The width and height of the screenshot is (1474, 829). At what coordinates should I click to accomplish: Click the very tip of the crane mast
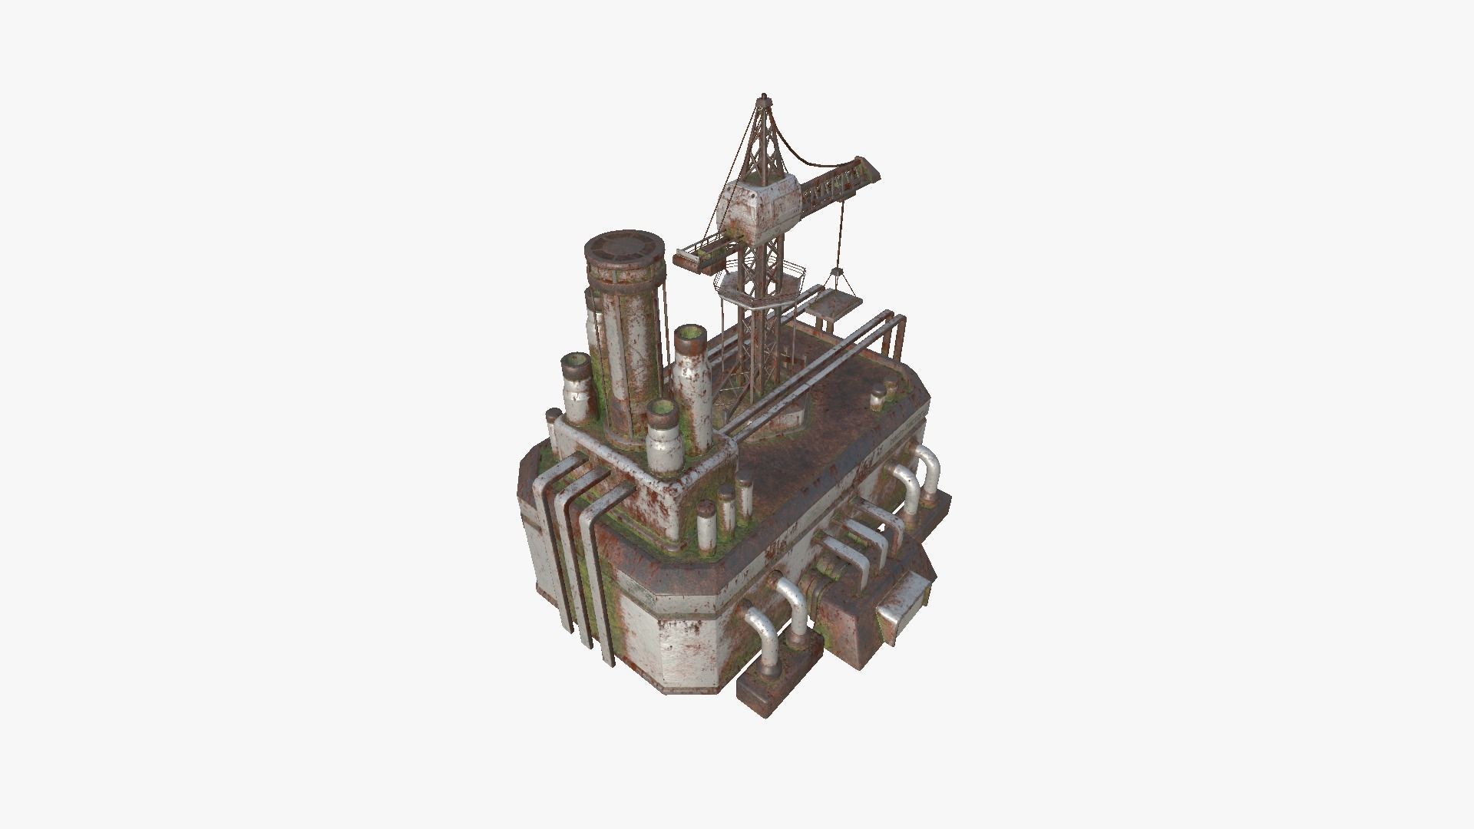(x=763, y=97)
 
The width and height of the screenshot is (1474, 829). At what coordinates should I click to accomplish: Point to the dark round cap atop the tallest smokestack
(x=624, y=250)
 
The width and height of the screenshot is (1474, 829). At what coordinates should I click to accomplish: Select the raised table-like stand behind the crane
(x=829, y=307)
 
